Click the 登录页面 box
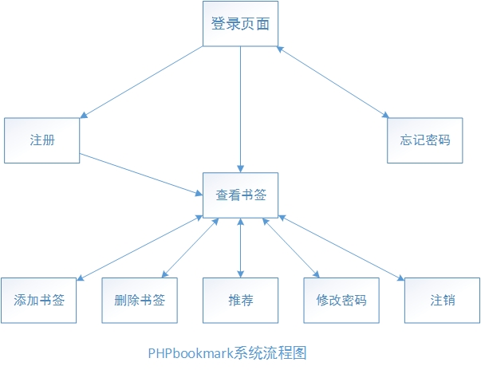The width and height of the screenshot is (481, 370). click(x=241, y=24)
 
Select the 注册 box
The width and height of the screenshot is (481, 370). click(x=42, y=140)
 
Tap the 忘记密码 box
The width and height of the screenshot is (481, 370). click(x=425, y=140)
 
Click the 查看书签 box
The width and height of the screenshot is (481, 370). click(x=241, y=195)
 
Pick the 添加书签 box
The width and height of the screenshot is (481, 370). click(x=38, y=301)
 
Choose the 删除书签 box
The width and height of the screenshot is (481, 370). click(x=140, y=301)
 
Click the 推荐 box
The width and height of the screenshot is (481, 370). click(x=241, y=301)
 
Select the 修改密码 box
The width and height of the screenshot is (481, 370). click(x=341, y=301)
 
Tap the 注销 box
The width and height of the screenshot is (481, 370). click(x=443, y=301)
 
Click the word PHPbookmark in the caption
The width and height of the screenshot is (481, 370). click(x=191, y=353)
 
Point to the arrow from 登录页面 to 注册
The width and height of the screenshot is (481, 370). click(x=141, y=82)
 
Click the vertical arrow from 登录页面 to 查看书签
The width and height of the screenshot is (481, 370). click(x=241, y=109)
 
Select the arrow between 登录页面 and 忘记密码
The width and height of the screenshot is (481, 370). click(x=333, y=82)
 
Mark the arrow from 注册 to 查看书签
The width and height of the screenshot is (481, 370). click(x=141, y=175)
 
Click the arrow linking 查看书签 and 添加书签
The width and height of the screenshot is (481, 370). click(x=140, y=248)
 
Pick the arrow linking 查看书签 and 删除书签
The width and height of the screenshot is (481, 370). click(x=190, y=248)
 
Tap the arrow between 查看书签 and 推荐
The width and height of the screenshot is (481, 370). click(x=241, y=248)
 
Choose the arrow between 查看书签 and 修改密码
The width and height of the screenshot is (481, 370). click(x=291, y=248)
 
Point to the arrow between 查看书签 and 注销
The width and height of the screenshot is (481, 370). click(x=341, y=248)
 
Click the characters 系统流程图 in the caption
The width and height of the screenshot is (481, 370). click(x=270, y=353)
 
